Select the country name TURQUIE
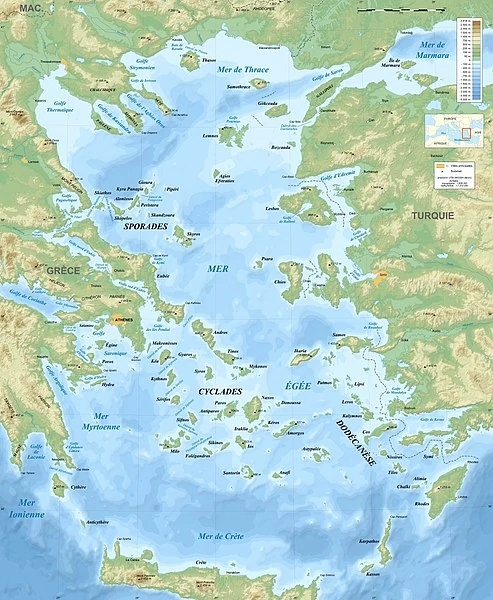[432, 215]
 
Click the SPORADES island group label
[146, 227]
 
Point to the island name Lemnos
[210, 135]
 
